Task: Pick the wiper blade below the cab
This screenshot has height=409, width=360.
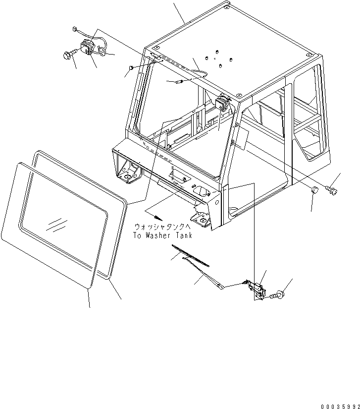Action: pyautogui.click(x=190, y=255)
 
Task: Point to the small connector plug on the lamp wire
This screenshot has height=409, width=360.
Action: pyautogui.click(x=75, y=29)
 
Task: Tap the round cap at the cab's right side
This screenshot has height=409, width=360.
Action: pyautogui.click(x=314, y=189)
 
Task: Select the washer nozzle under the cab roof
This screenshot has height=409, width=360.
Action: pyautogui.click(x=178, y=80)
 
